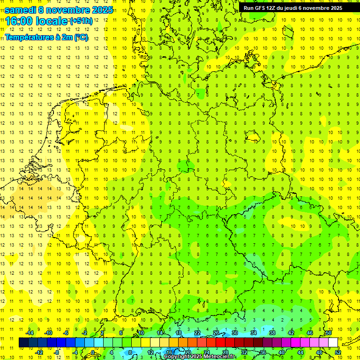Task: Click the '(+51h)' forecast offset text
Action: click(81, 21)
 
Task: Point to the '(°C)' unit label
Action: click(81, 37)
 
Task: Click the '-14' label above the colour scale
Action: click(31, 333)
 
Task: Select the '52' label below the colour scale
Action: click(338, 352)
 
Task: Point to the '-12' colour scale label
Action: click(39, 352)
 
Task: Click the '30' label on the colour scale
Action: click(234, 333)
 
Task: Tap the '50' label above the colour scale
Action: click(328, 333)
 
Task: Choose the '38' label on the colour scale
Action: click(272, 333)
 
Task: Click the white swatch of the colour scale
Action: click(333, 343)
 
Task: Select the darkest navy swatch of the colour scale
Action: click(23, 343)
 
